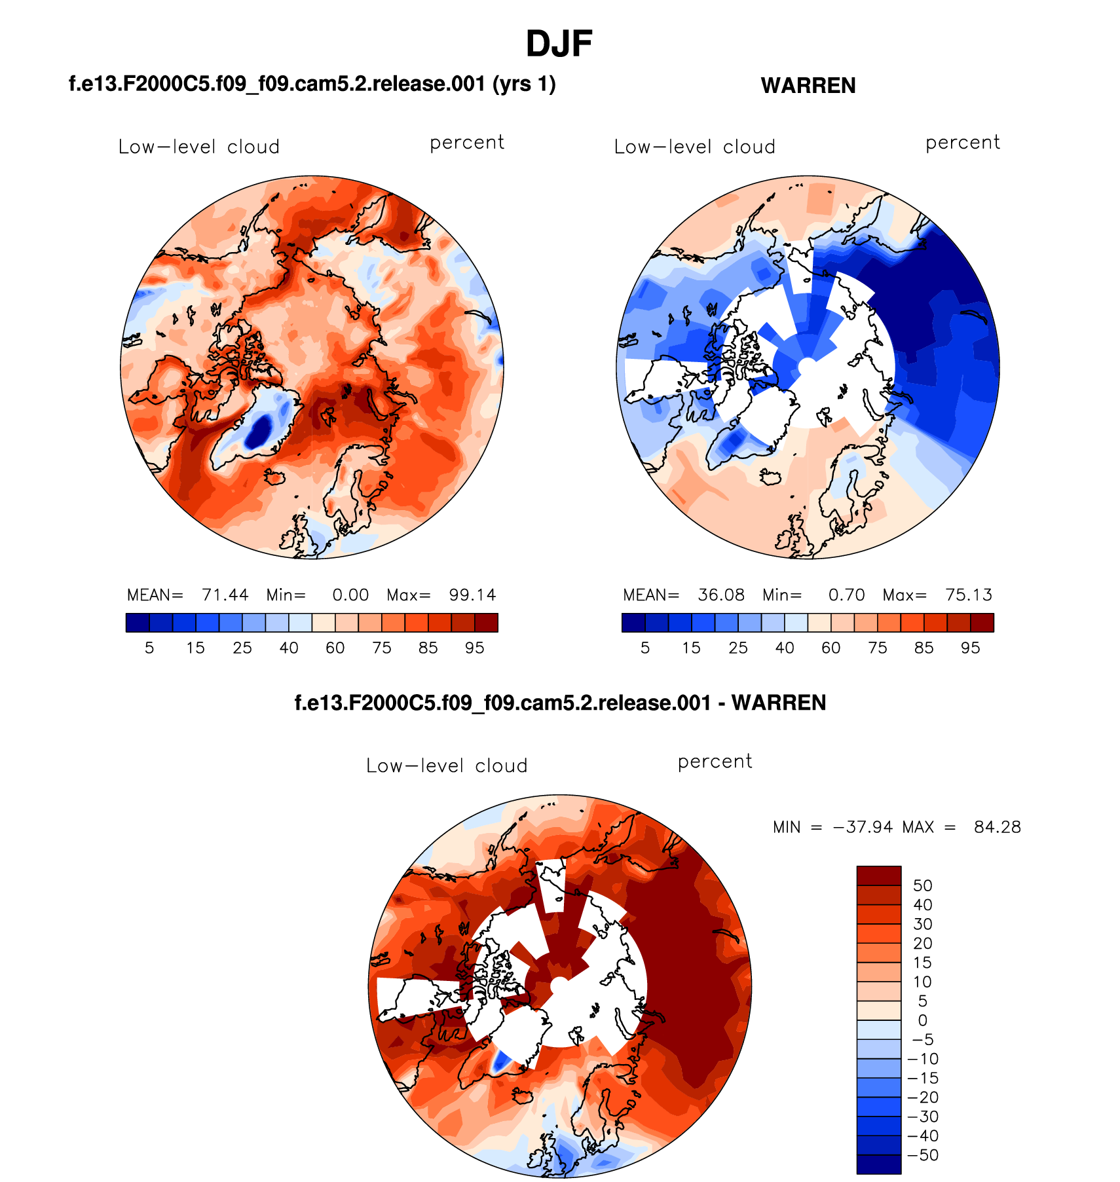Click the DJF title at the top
click(x=559, y=45)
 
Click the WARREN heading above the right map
click(x=808, y=86)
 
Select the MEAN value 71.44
click(x=225, y=595)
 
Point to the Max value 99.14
click(x=472, y=595)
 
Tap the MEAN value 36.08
click(x=720, y=595)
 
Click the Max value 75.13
click(x=968, y=595)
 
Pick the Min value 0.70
click(x=846, y=595)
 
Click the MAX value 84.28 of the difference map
click(x=997, y=827)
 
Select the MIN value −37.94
click(x=863, y=827)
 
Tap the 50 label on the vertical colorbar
click(x=922, y=885)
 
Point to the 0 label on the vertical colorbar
click(x=922, y=1020)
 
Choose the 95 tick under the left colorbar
click(x=474, y=648)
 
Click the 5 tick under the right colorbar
click(x=645, y=648)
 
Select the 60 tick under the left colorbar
click(x=335, y=648)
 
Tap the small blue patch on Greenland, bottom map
click(x=501, y=1062)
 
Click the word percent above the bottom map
click(x=715, y=761)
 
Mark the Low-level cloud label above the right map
click(x=694, y=147)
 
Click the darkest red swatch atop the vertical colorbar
click(x=878, y=876)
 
